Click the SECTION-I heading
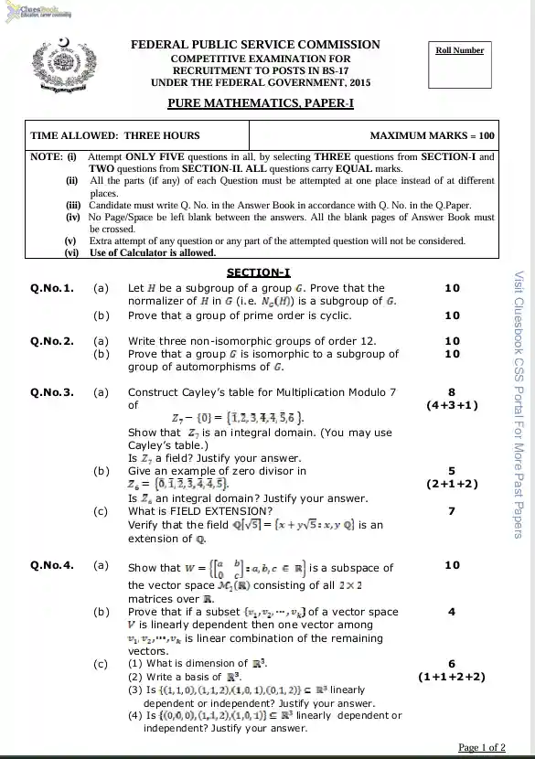tap(258, 273)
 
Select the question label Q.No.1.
tap(51, 288)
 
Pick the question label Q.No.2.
tap(51, 341)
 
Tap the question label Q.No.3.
tap(51, 392)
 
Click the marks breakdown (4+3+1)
tap(452, 404)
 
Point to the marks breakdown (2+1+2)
tap(452, 484)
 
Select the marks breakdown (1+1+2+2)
tap(452, 677)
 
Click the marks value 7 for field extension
tap(452, 511)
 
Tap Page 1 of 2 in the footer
tap(481, 748)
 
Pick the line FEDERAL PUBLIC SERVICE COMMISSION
tap(255, 45)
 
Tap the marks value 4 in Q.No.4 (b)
tap(452, 612)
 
